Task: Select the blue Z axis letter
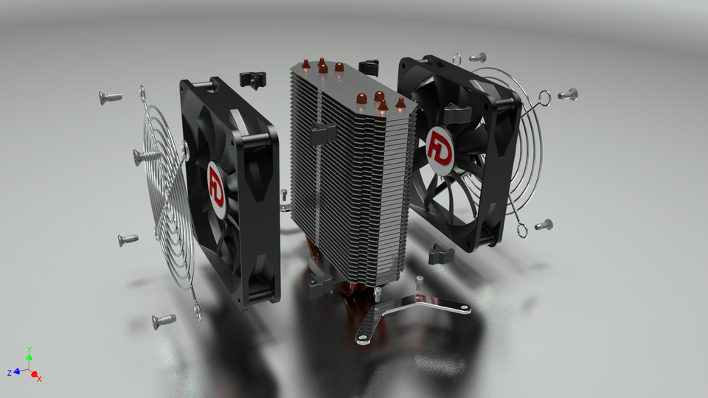click(x=9, y=373)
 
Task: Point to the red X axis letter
click(x=39, y=378)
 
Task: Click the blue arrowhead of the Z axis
click(x=16, y=372)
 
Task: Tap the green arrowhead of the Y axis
click(x=29, y=357)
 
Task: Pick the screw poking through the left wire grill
click(x=147, y=156)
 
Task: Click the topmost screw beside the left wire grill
click(x=110, y=97)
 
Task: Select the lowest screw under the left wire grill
click(x=163, y=320)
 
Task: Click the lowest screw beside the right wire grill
click(x=544, y=224)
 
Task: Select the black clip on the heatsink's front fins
click(x=323, y=133)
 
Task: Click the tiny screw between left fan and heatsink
click(x=285, y=195)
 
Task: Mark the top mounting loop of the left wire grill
click(x=142, y=92)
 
